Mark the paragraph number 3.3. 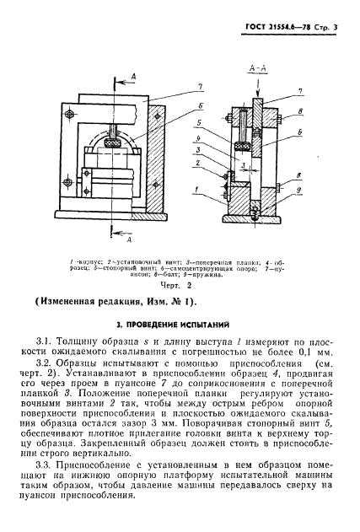[52, 488]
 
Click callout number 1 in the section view [220, 189]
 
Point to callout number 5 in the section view [220, 121]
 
